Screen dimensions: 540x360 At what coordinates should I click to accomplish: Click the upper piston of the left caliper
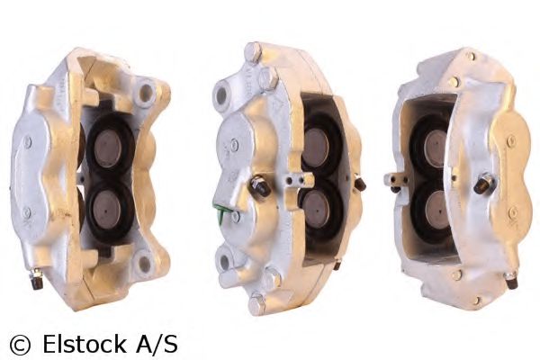[107, 148]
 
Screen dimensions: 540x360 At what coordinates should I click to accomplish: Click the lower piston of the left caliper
[107, 209]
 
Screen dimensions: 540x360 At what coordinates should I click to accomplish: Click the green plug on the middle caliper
[220, 211]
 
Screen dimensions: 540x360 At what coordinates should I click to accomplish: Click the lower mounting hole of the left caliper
[144, 263]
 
